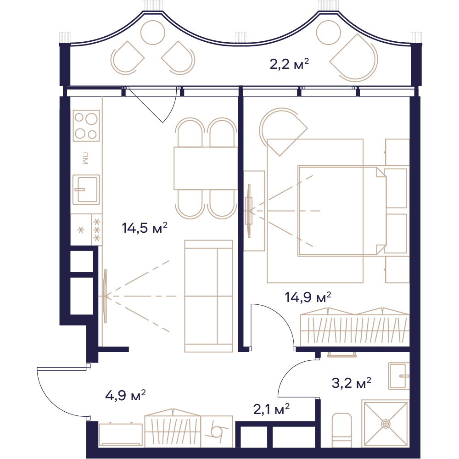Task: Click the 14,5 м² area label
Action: [145, 228]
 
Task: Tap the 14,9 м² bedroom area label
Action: [308, 297]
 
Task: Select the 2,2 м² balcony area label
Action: [289, 64]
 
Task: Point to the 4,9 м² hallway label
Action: [125, 395]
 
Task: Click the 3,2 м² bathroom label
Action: [351, 383]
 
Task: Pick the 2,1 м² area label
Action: [271, 409]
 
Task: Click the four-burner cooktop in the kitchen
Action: [86, 126]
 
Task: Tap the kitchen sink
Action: [86, 190]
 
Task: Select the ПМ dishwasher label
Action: [85, 158]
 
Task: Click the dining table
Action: [206, 168]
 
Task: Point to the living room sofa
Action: [209, 296]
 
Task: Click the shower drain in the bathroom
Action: [386, 424]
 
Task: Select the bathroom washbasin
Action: [399, 376]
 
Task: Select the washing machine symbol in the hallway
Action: [217, 431]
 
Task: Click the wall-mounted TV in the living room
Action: [106, 296]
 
